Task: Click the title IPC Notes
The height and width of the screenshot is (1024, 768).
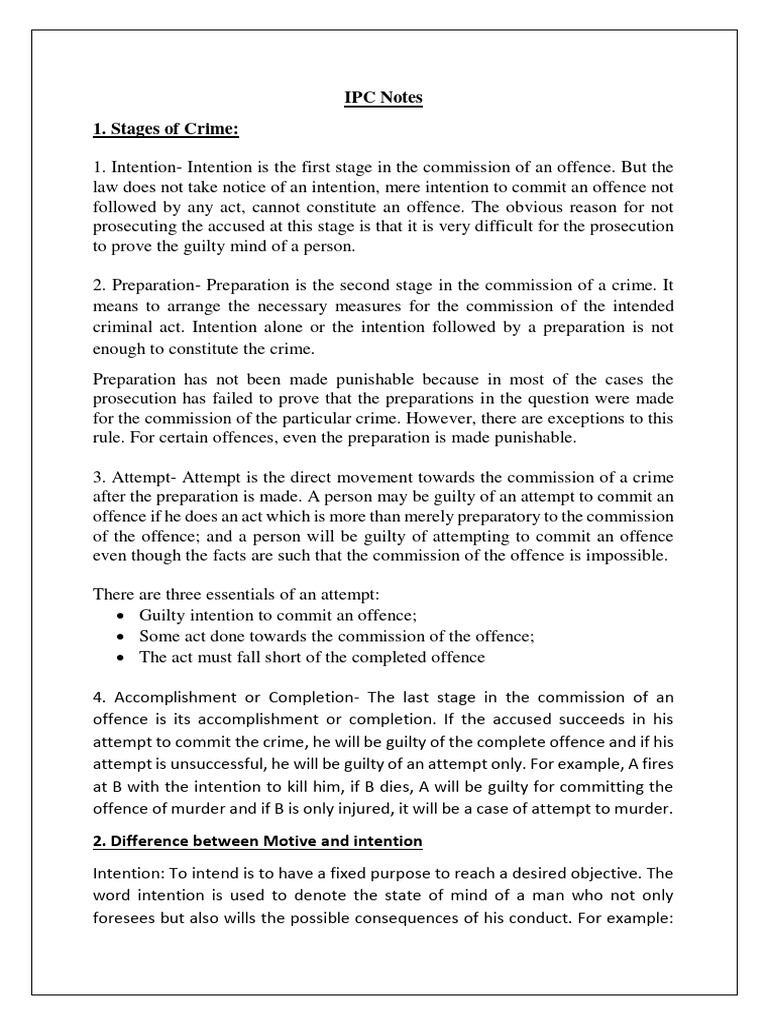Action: click(x=384, y=98)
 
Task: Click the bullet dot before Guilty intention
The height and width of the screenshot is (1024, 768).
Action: click(x=121, y=615)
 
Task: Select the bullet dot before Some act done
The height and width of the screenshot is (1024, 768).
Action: click(x=121, y=636)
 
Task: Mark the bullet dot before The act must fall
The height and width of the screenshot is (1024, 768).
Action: click(x=121, y=658)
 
